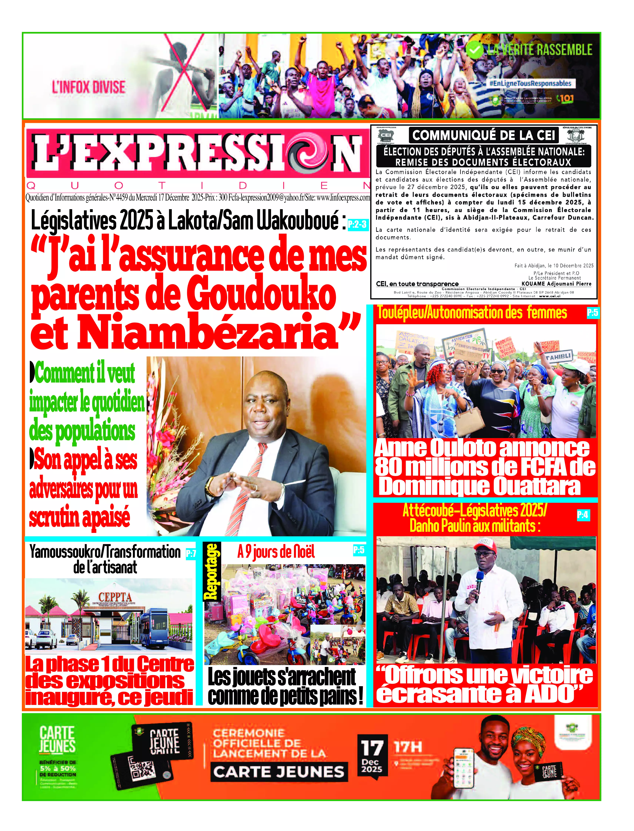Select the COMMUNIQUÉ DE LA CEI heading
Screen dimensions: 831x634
[x=484, y=135]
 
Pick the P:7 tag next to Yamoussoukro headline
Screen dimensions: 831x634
[x=191, y=554]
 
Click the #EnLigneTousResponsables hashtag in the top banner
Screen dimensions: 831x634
[x=530, y=83]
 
